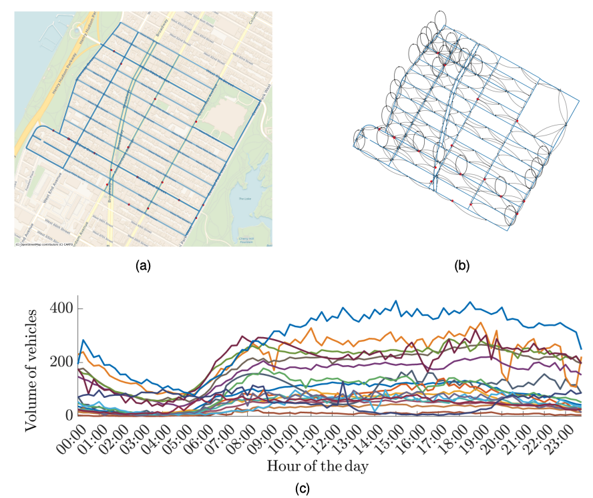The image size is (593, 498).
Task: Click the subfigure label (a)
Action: tap(143, 266)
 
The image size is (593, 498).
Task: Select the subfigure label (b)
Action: tap(461, 266)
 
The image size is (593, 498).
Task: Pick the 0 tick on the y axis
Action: tap(68, 415)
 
